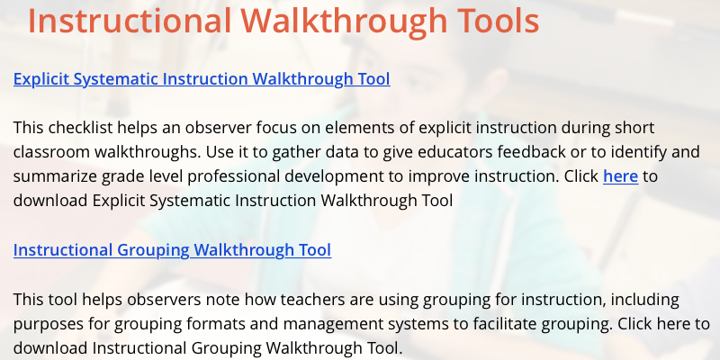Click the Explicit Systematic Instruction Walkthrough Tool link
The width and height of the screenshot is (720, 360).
click(x=202, y=79)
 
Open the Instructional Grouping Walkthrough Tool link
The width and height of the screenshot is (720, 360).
click(x=172, y=250)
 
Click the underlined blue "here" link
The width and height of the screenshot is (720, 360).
click(x=620, y=175)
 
